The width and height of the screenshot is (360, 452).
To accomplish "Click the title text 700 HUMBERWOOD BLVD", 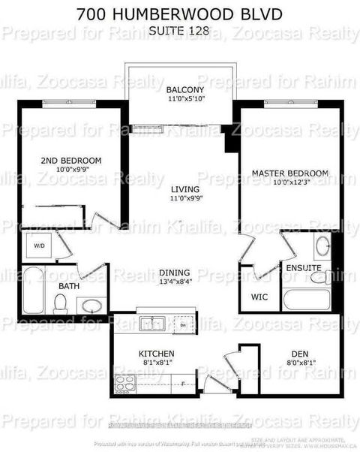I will pos(180,13).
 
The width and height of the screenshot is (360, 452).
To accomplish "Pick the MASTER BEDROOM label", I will pos(289,173).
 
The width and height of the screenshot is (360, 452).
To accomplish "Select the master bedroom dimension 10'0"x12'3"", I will pos(289,182).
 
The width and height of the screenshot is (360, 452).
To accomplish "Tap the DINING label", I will pos(174,273).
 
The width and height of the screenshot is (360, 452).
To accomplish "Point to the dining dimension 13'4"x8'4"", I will pos(174,282).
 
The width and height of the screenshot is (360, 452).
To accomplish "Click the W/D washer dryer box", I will pos(37,246).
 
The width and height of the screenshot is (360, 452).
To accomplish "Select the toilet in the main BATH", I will pos(61,303).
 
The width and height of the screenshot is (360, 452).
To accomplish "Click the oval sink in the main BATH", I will pos(91,305).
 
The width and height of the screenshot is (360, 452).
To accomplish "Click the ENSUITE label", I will pos(303,267).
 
